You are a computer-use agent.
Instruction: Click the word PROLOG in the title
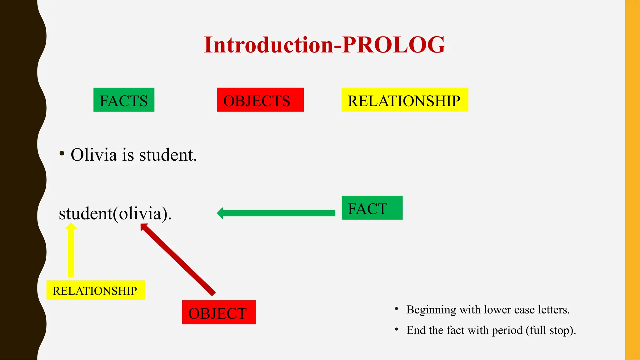tap(394, 45)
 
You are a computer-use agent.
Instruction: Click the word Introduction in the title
tap(269, 45)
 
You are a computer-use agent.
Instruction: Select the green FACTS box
tap(124, 100)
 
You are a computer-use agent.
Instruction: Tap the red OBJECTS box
tap(260, 100)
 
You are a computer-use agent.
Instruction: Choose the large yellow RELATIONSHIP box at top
tap(404, 100)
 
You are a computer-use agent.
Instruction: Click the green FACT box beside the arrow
tap(372, 208)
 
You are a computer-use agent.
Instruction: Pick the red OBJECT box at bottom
tap(219, 312)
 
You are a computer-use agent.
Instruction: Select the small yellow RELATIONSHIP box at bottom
tap(96, 290)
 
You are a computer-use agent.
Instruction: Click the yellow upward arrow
tap(71, 250)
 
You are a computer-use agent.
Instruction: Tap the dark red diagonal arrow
tap(178, 259)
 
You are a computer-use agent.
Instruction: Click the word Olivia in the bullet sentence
tap(94, 155)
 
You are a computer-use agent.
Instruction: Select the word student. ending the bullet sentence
tap(168, 155)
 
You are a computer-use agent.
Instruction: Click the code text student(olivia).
tap(115, 214)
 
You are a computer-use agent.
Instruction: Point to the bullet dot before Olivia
tap(62, 153)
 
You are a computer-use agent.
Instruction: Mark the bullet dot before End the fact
tap(397, 329)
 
